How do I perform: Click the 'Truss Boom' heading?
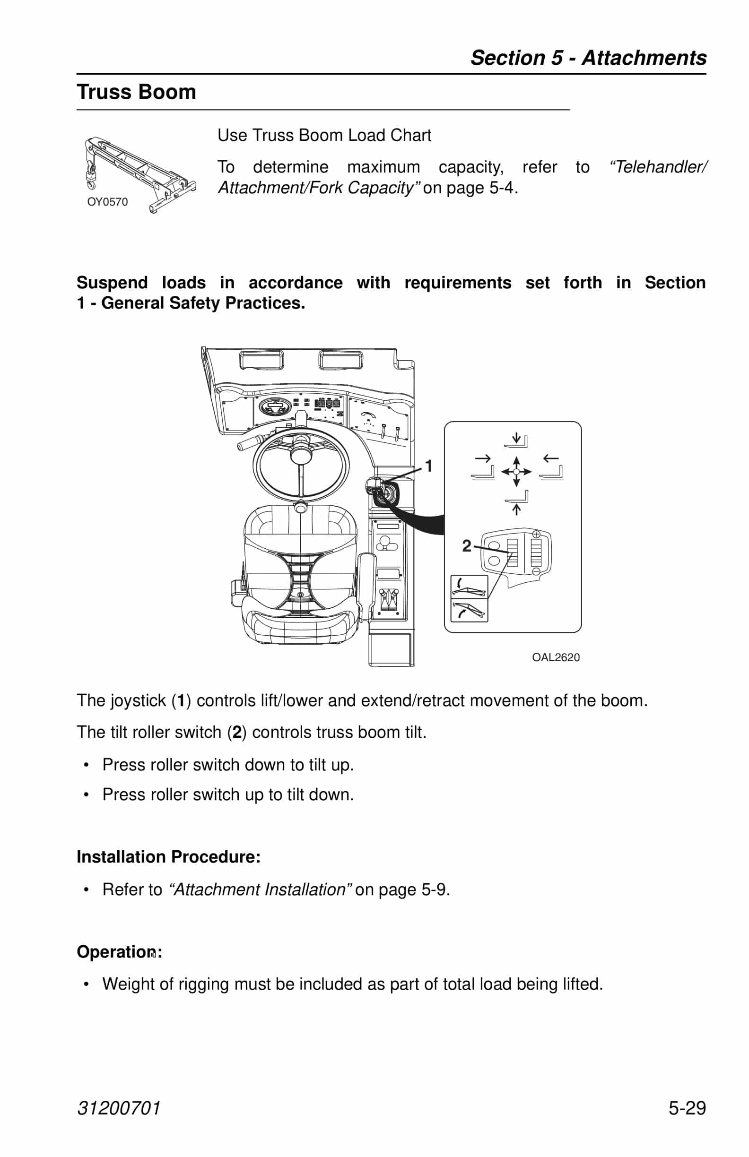(136, 92)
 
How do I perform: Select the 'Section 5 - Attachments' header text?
(588, 57)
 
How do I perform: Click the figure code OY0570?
(107, 202)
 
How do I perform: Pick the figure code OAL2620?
(556, 657)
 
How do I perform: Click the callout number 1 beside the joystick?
(428, 466)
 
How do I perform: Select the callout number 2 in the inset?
(466, 546)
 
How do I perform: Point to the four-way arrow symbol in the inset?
(516, 472)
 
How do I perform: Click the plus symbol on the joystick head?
(536, 534)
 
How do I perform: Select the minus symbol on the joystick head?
(536, 571)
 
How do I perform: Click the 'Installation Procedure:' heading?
(168, 856)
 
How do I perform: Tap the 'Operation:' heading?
(119, 952)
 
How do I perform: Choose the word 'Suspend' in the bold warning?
(112, 283)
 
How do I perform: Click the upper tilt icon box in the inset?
(469, 586)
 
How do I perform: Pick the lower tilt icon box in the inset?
(469, 610)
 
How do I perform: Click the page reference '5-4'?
(501, 188)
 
